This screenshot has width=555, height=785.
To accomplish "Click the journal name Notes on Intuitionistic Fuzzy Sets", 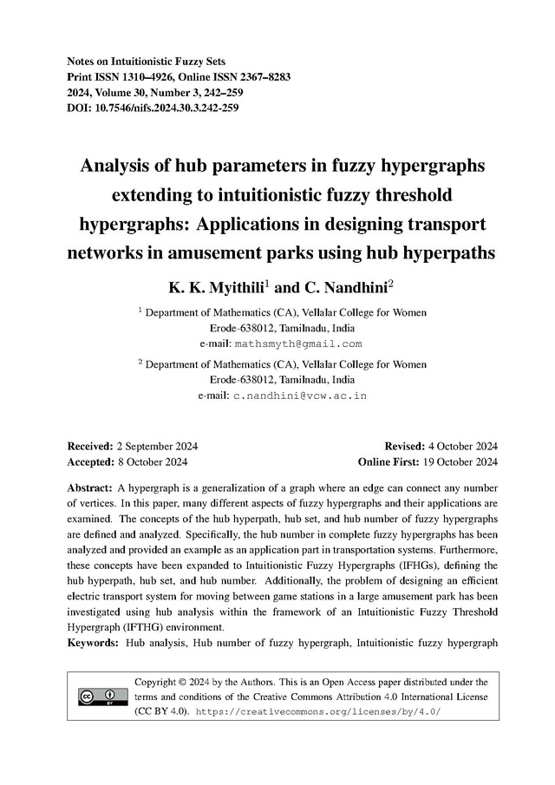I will [146, 62].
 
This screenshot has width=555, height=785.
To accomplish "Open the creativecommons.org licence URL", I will [319, 711].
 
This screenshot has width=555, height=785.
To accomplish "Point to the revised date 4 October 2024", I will [462, 446].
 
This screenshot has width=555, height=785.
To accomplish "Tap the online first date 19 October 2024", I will [460, 461].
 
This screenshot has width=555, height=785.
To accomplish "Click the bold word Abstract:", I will [89, 487].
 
